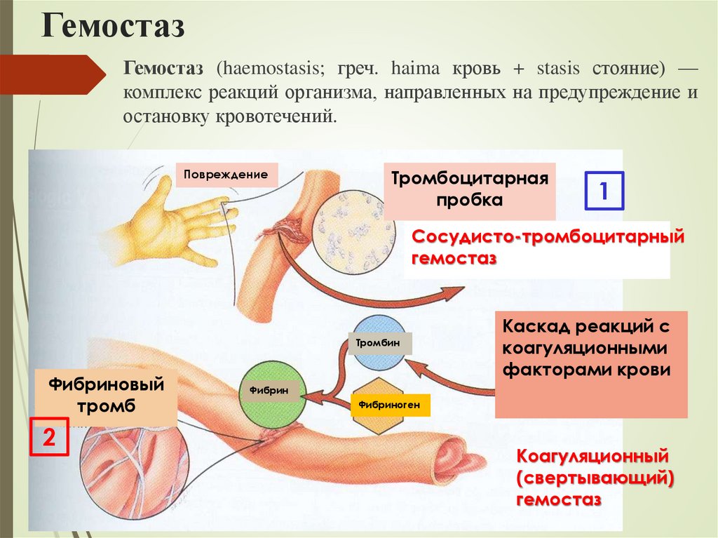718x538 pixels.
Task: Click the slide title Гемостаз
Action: pyautogui.click(x=113, y=27)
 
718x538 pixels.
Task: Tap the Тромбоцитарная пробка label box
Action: pyautogui.click(x=469, y=189)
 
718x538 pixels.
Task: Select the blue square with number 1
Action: pyautogui.click(x=604, y=190)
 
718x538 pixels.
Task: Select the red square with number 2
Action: pyautogui.click(x=48, y=439)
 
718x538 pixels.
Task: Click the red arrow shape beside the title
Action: pyautogui.click(x=53, y=74)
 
